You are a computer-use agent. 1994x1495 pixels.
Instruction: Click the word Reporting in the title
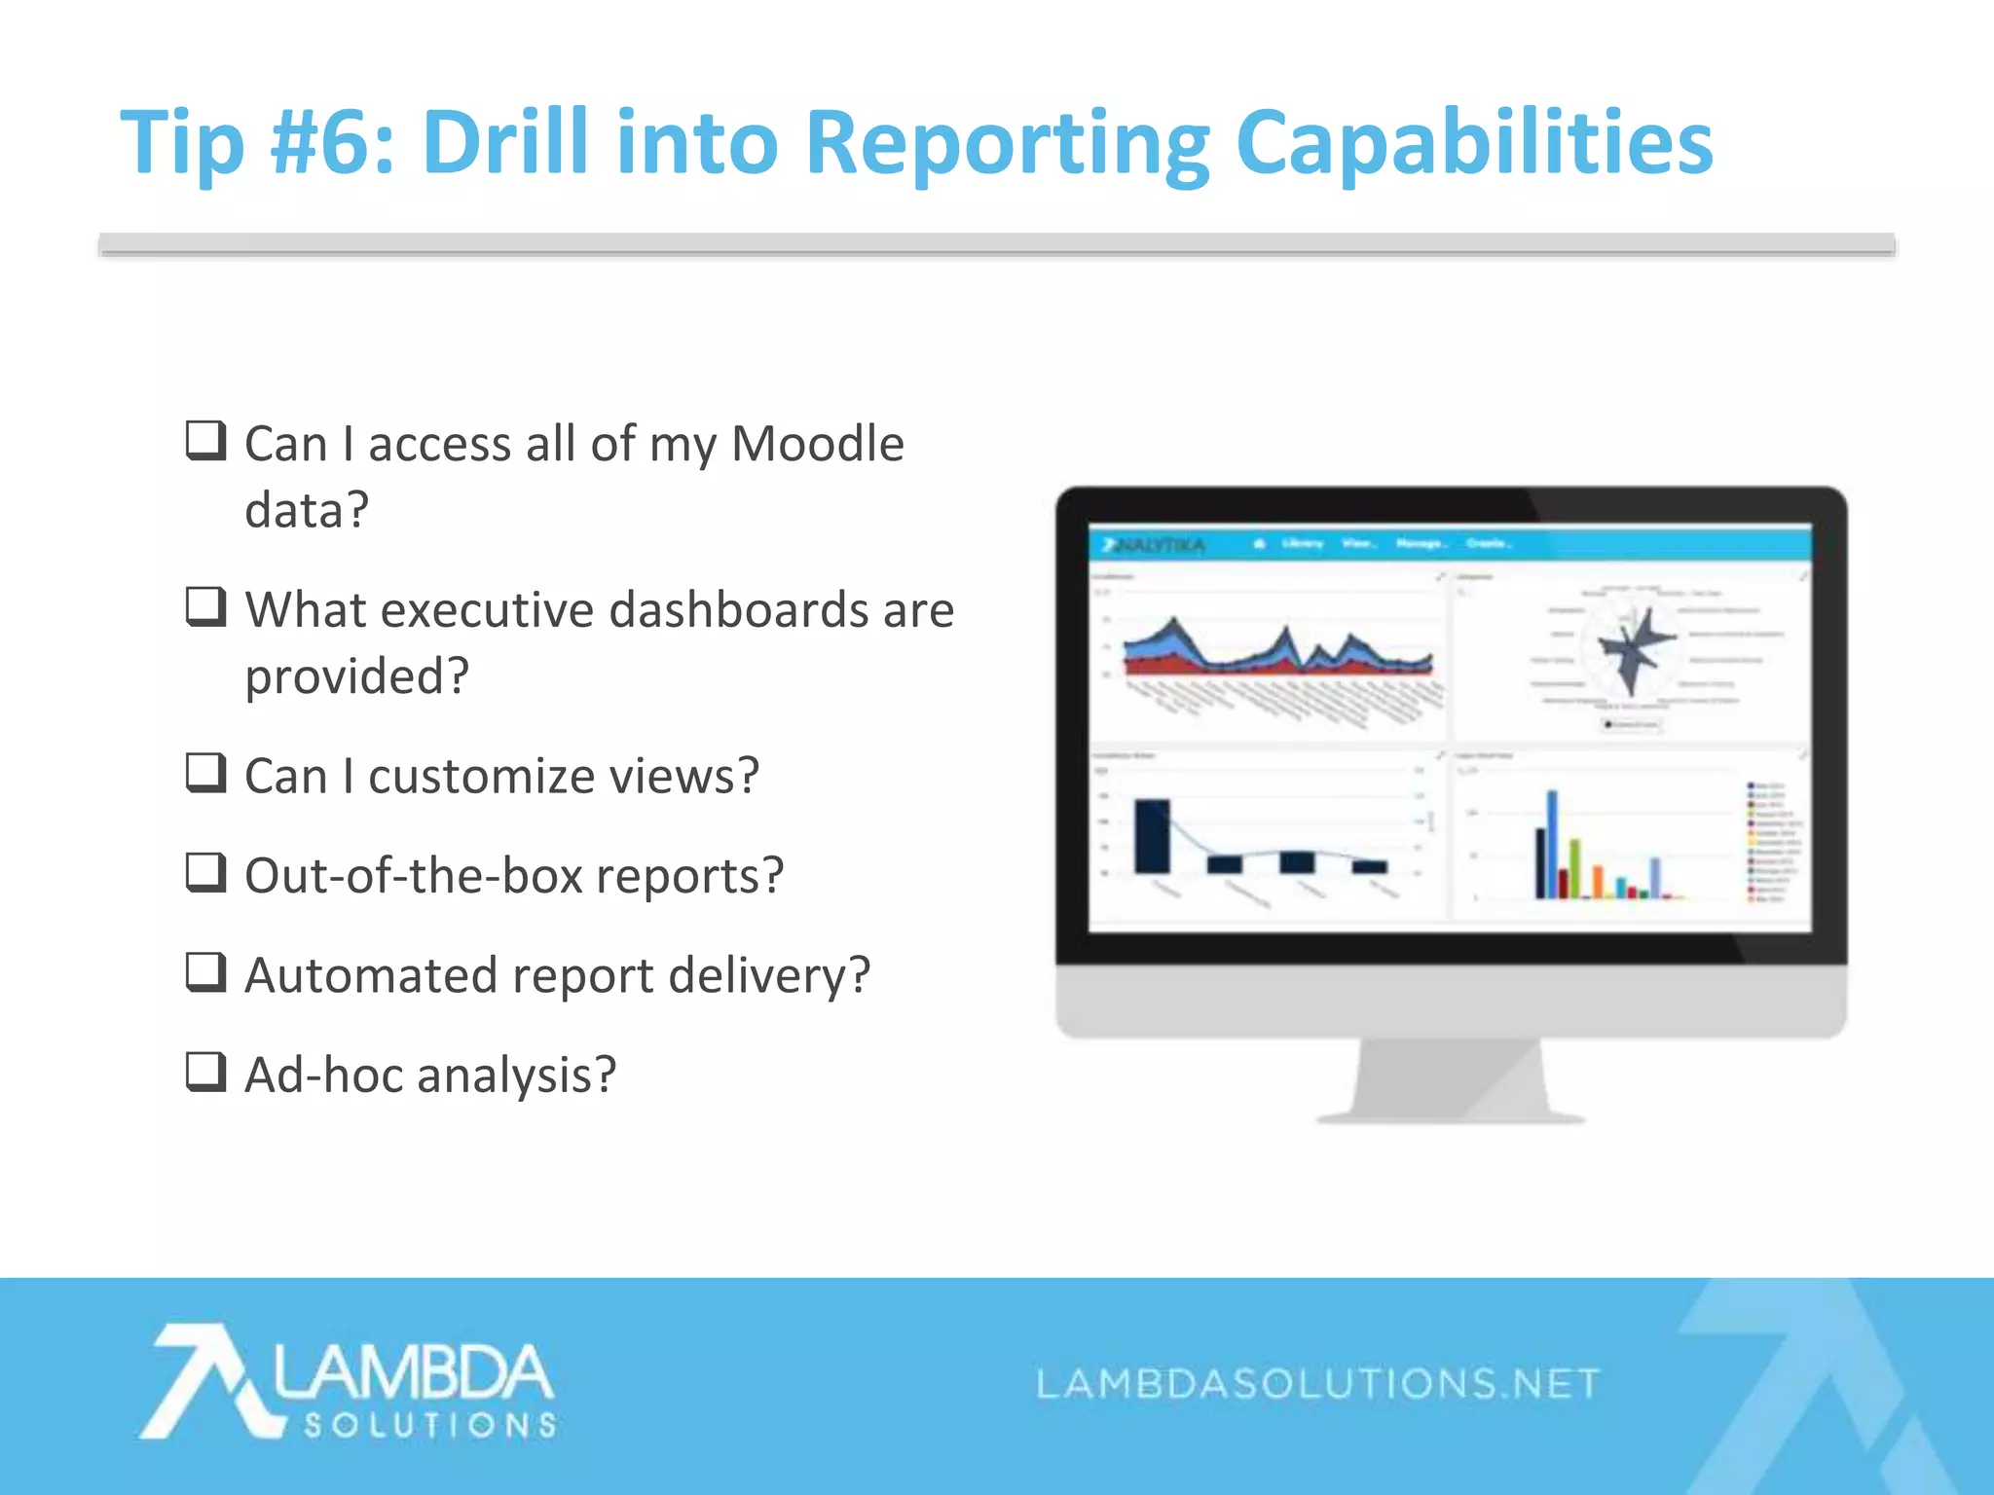[1008, 144]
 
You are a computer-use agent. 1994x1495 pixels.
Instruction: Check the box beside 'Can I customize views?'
[206, 773]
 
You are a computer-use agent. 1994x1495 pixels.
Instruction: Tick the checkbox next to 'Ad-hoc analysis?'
[206, 1072]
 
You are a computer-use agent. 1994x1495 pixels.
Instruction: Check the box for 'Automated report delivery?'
[206, 971]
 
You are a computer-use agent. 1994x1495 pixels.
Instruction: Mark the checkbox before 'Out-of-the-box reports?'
[206, 872]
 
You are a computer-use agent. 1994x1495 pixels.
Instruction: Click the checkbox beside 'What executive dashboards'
[206, 606]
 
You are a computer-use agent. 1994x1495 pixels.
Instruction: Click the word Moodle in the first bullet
[817, 444]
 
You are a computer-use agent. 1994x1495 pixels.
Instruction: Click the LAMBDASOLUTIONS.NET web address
[1317, 1383]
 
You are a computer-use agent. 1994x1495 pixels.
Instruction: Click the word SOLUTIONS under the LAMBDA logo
[430, 1425]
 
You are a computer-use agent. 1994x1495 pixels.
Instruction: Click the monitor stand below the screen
[1451, 1080]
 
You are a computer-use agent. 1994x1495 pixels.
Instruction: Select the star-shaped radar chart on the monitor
[1635, 647]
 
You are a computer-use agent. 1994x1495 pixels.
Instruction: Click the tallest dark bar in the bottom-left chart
[1152, 836]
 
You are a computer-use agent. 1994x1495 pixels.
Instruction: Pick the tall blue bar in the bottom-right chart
[1552, 843]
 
